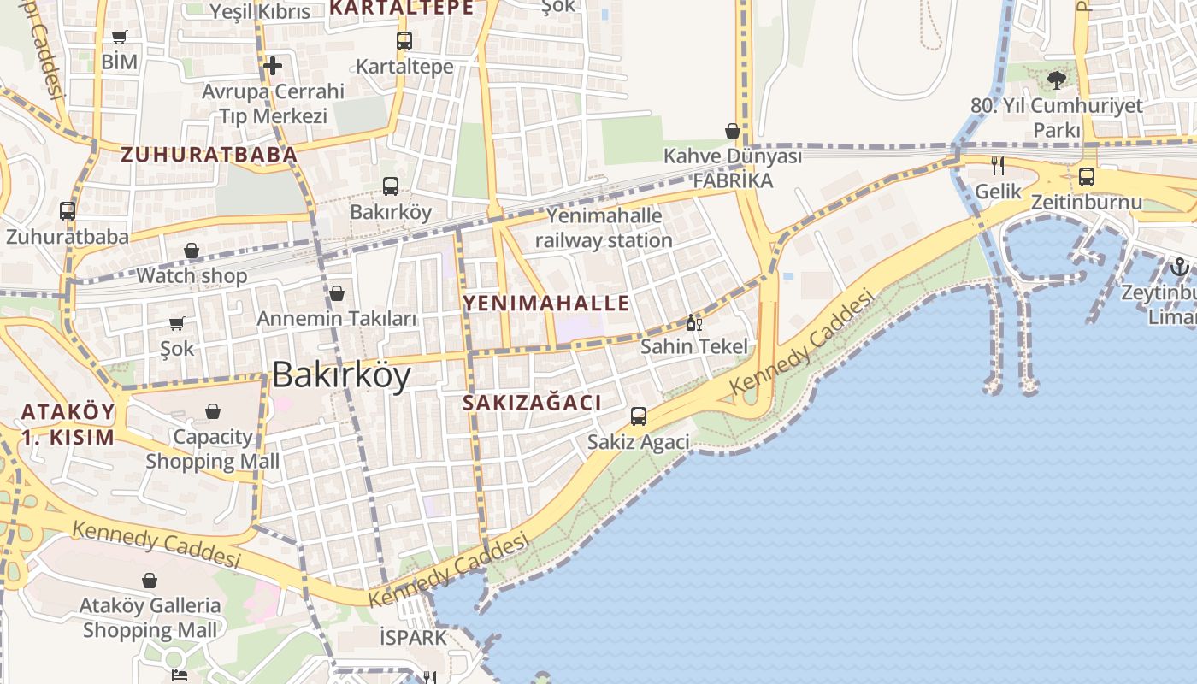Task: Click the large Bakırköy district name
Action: [341, 375]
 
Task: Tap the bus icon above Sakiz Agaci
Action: [639, 416]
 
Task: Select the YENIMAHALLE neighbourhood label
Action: [546, 303]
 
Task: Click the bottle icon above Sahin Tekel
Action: [693, 322]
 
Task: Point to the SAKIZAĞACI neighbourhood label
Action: [533, 403]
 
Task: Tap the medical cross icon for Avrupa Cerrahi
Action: [273, 65]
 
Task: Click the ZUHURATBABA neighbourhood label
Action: [209, 155]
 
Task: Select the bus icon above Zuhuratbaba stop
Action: [68, 210]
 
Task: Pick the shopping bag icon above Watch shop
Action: [192, 251]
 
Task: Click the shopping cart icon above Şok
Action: [177, 323]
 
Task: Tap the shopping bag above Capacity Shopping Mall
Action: [213, 411]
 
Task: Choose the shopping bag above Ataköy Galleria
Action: [150, 581]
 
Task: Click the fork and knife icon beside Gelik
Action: [998, 165]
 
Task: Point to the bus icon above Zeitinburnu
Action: [1087, 177]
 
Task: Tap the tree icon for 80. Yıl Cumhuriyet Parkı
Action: [1057, 80]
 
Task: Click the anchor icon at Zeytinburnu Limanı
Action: [1180, 266]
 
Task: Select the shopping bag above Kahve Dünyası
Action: [733, 131]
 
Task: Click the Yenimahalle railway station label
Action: [604, 227]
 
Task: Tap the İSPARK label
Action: [413, 637]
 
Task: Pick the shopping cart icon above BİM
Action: [120, 37]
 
